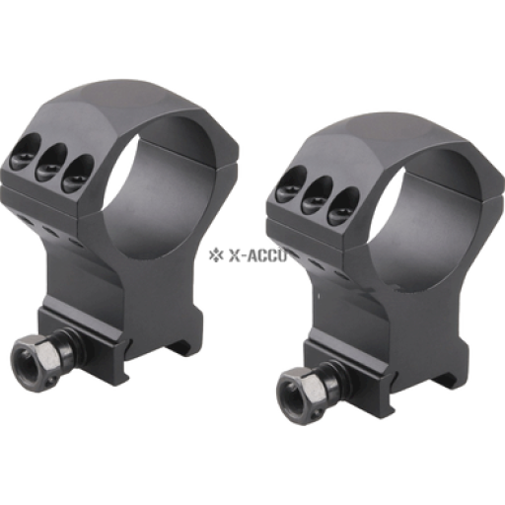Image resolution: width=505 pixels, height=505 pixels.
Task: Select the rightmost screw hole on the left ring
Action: pyautogui.click(x=78, y=174)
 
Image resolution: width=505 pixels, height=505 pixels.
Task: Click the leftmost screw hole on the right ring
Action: pyautogui.click(x=291, y=184)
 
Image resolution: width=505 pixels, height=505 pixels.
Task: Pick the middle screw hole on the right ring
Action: pyautogui.click(x=317, y=194)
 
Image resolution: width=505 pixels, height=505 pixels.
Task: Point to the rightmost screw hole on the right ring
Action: pyautogui.click(x=343, y=206)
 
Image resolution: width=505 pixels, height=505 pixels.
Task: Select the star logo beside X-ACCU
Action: pyautogui.click(x=214, y=255)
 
